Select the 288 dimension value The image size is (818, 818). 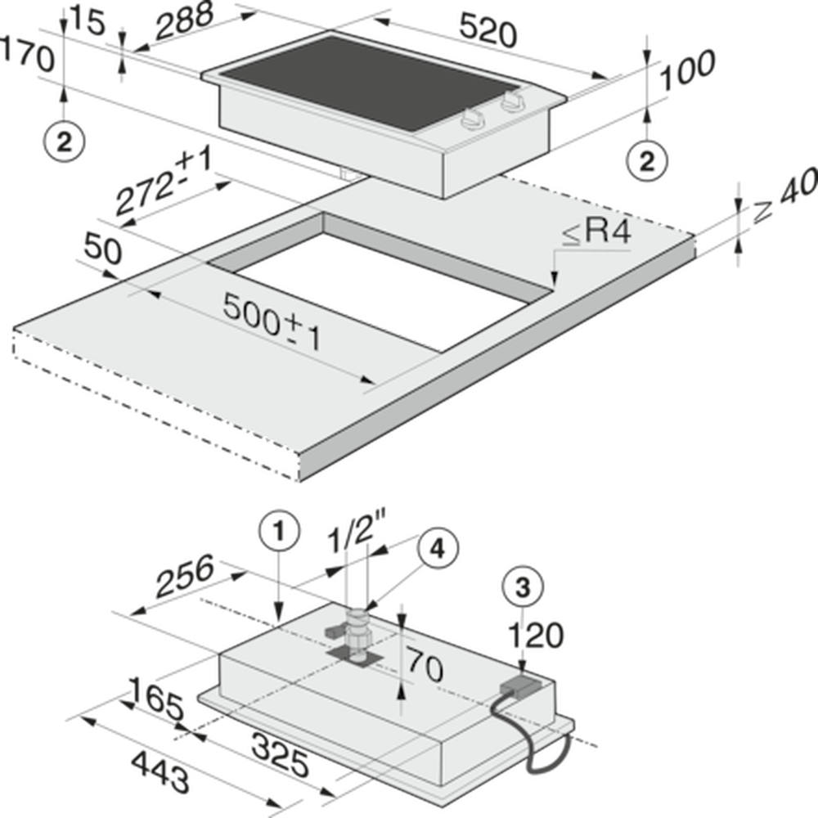click(x=185, y=21)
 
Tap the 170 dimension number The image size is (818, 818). click(x=27, y=54)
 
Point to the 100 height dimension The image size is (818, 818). click(x=688, y=70)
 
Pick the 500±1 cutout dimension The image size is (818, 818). click(x=272, y=321)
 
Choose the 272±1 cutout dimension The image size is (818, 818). click(x=164, y=180)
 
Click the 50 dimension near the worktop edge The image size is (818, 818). click(x=102, y=249)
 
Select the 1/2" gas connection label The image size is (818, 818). click(x=357, y=533)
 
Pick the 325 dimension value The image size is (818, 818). click(x=280, y=754)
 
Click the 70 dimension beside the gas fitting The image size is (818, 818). click(x=425, y=664)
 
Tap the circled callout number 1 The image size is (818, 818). click(x=280, y=533)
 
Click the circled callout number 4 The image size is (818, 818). click(x=438, y=548)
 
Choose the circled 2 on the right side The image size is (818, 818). click(x=647, y=161)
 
